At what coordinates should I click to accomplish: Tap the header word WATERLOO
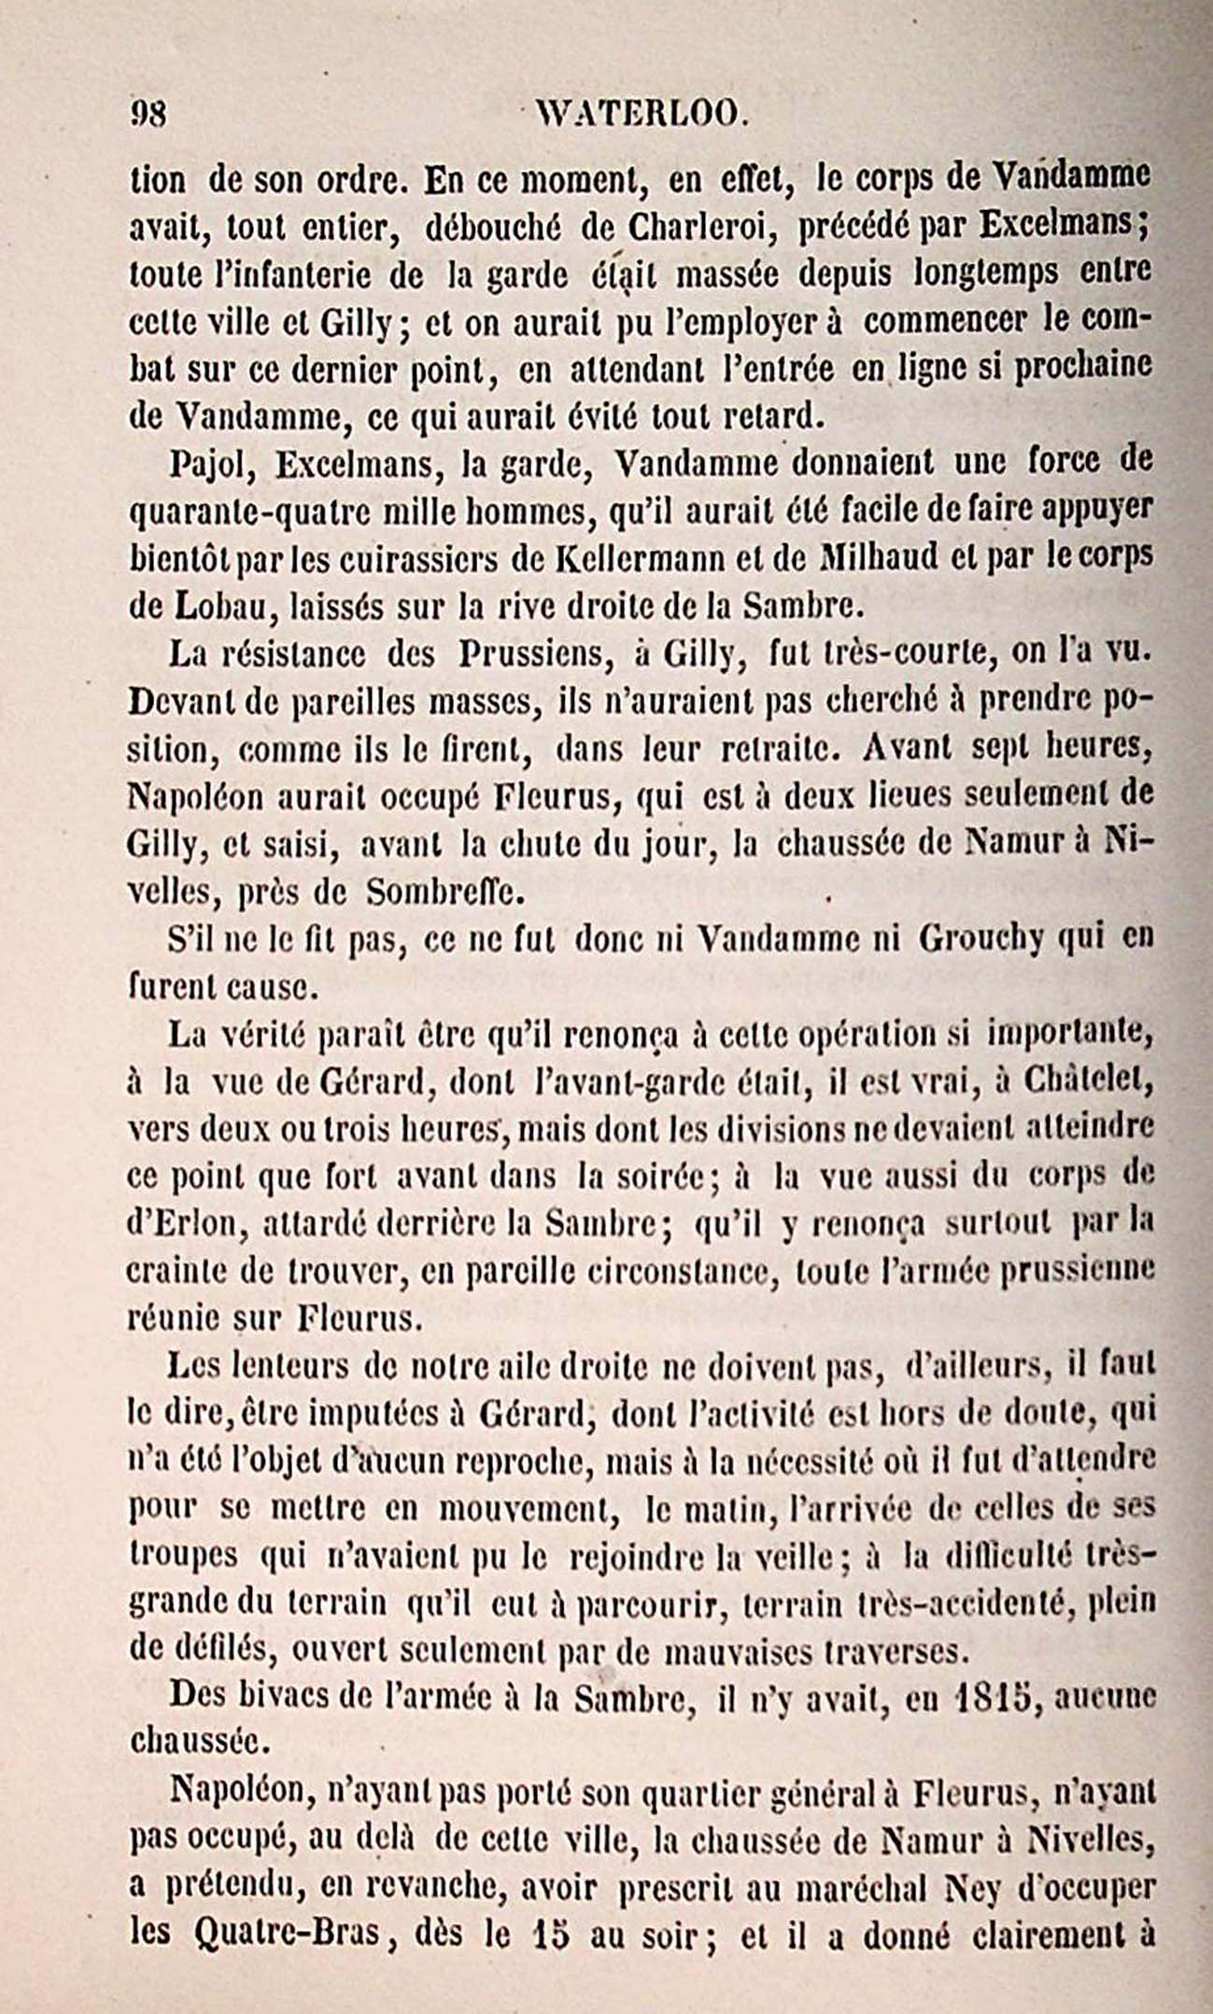[x=641, y=115]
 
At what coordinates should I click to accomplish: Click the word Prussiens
[x=532, y=655]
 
